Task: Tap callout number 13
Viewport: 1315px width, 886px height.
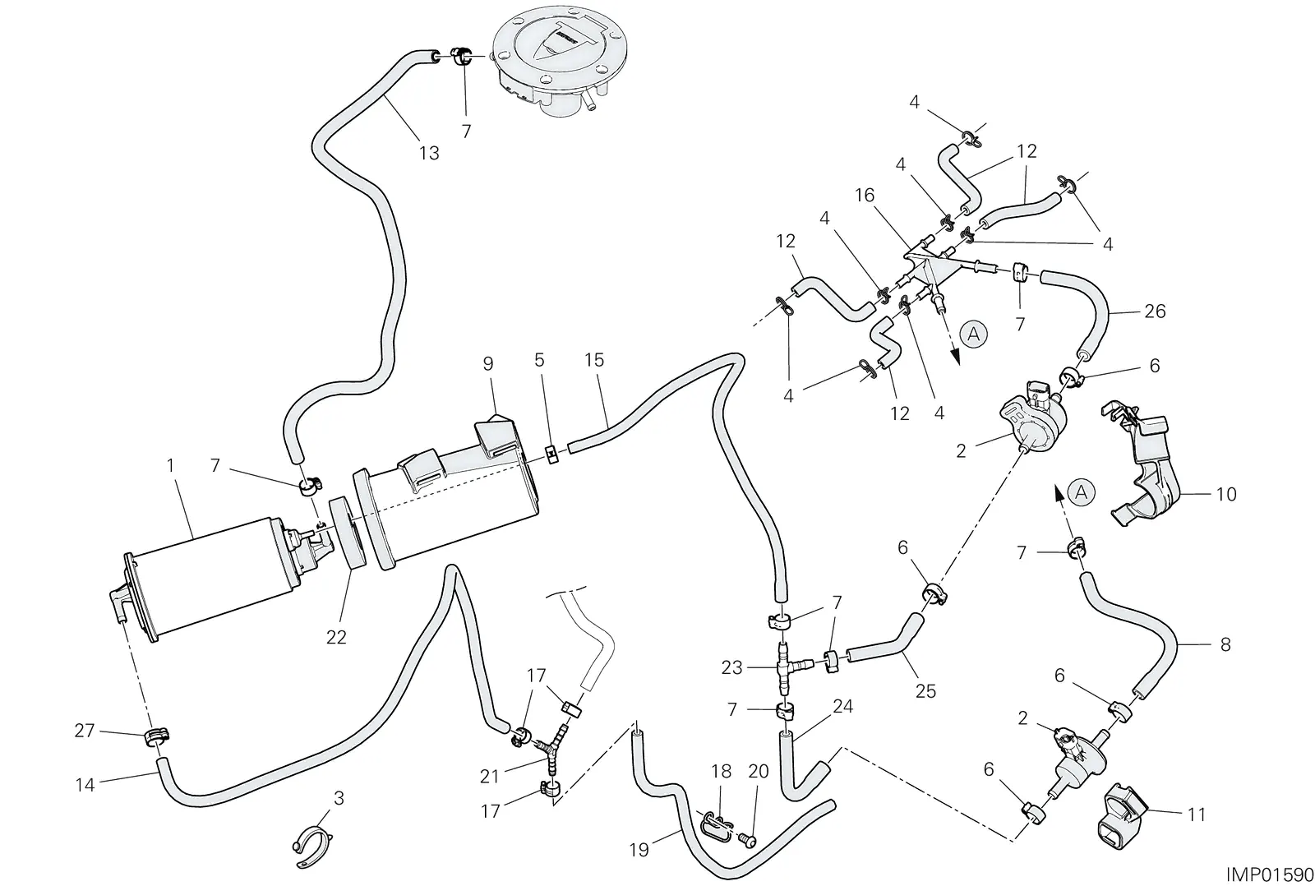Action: coord(429,153)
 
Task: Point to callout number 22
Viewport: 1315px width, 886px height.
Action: coord(336,637)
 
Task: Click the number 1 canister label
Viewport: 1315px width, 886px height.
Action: coord(170,466)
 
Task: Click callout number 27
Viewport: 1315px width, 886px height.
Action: coord(85,731)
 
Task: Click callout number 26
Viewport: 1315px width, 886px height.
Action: coord(1156,311)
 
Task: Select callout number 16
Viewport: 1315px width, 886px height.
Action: coord(865,195)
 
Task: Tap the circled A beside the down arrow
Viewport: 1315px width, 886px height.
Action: coord(973,335)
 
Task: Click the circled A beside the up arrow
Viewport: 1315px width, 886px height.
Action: coord(1082,492)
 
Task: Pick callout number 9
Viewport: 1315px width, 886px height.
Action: coord(488,364)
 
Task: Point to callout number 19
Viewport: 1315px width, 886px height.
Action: coord(639,850)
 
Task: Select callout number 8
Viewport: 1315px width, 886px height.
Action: coord(1225,644)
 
